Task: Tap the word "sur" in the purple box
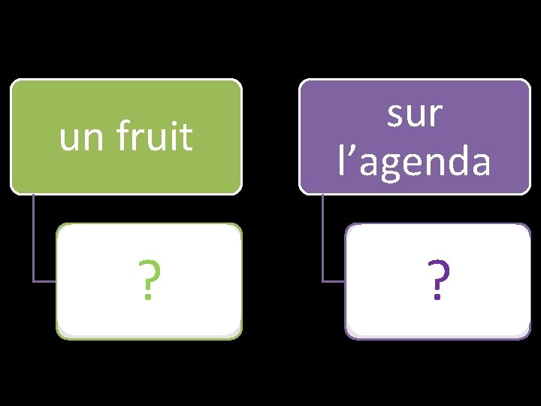tap(414, 114)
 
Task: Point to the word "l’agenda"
tap(414, 161)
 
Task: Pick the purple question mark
tap(438, 281)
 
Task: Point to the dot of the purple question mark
tap(438, 298)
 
